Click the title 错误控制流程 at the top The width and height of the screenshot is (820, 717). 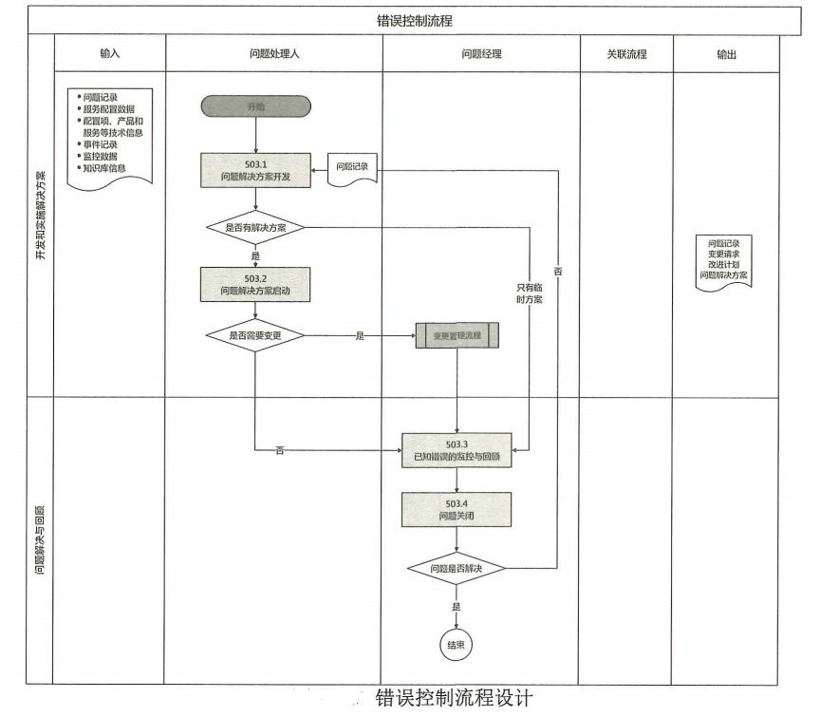(414, 19)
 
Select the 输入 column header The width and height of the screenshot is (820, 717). (110, 54)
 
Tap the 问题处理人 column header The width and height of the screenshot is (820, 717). (273, 54)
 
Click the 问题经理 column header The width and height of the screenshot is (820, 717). (481, 54)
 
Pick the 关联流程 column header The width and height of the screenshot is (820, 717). (626, 54)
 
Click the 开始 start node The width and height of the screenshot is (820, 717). (255, 106)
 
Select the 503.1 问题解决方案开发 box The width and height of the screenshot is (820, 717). (255, 169)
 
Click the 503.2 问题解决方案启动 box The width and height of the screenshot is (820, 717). (255, 283)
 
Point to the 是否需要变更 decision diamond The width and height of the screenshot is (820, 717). (255, 335)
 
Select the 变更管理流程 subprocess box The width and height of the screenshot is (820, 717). (457, 335)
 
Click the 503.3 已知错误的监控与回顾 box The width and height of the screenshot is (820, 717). (457, 450)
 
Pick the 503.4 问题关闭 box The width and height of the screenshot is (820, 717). (457, 510)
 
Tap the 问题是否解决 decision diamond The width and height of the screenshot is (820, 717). (457, 567)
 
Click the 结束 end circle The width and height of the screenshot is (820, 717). (457, 645)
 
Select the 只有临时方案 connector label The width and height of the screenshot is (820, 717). (529, 292)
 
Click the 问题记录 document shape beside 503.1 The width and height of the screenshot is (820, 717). (353, 169)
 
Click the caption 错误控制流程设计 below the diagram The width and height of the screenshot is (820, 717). (455, 698)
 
